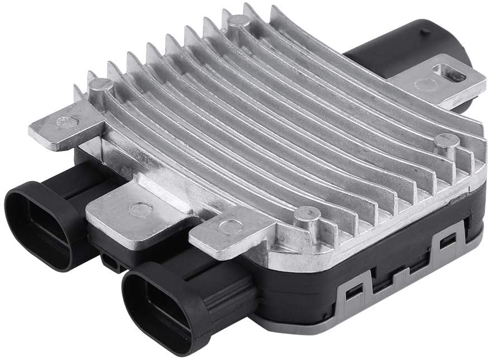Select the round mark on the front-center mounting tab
click(230, 226)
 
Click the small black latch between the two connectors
click(111, 261)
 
